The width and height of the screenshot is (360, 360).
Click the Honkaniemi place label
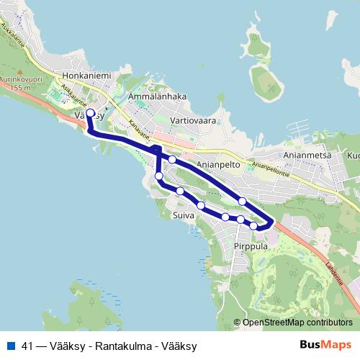pyautogui.click(x=86, y=74)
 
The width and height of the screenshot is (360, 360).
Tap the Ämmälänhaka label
pyautogui.click(x=157, y=96)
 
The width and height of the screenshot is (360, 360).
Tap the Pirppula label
pyautogui.click(x=251, y=246)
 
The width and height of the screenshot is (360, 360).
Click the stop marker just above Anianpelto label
pyautogui.click(x=173, y=160)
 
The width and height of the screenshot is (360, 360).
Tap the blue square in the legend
pyautogui.click(x=11, y=346)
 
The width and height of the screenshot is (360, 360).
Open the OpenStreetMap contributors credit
pyautogui.click(x=297, y=323)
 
